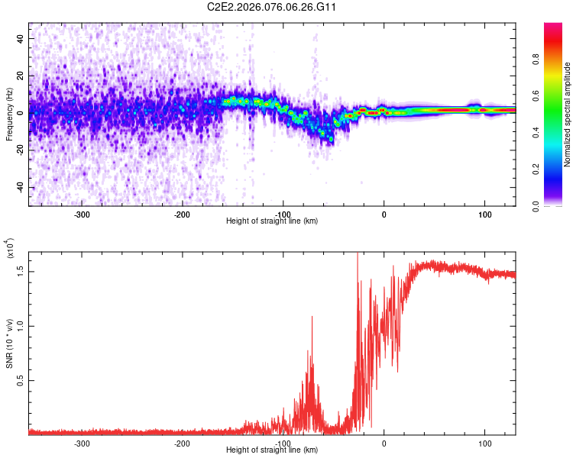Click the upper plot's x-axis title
point(272,221)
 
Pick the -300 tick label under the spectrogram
point(83,214)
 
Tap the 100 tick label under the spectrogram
point(484,214)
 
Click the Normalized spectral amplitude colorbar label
point(568,114)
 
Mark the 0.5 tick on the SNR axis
point(21,380)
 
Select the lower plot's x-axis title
point(272,450)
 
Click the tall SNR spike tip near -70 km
point(312,317)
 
